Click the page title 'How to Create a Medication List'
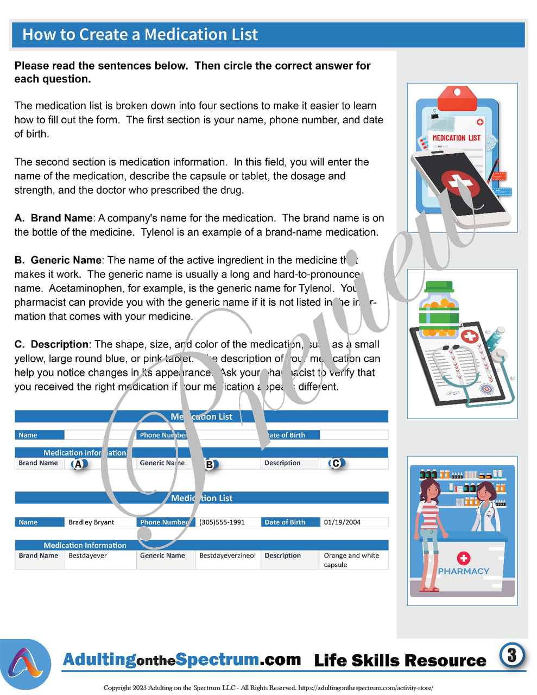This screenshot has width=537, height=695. point(140,35)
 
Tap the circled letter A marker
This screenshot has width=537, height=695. point(79,464)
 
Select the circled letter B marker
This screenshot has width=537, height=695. point(210,465)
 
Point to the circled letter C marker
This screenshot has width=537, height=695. point(336,463)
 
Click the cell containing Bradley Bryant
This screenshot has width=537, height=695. point(91,522)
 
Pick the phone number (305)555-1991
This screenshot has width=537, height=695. point(222,522)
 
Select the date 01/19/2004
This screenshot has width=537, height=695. point(342,522)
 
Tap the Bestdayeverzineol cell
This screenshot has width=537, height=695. point(227,556)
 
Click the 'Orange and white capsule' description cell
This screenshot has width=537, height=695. point(351,560)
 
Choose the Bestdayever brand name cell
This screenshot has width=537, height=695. point(87,556)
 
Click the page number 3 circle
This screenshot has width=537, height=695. point(511,655)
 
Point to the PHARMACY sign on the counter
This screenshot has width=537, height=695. point(463,571)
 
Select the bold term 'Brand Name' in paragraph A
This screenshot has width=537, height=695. point(61,218)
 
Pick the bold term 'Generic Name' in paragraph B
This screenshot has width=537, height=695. point(66,261)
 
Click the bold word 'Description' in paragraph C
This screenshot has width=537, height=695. point(60,345)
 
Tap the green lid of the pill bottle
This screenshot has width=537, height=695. point(439,287)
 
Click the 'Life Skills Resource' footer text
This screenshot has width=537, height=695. point(400,661)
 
